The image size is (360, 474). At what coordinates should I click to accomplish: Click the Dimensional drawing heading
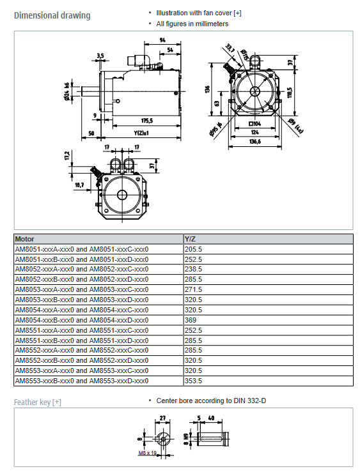52,15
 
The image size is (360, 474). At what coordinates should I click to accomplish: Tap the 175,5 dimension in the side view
147,121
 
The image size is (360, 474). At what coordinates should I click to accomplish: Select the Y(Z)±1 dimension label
141,133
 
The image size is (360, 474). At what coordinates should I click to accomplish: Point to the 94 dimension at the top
162,40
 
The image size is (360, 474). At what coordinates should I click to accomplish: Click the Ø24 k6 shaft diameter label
67,91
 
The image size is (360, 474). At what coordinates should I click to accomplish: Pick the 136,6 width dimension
255,141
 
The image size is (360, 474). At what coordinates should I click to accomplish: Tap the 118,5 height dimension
290,93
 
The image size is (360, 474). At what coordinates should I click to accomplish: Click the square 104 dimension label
254,124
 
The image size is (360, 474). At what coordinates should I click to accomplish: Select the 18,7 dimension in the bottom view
79,185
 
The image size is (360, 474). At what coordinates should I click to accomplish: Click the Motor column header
24,239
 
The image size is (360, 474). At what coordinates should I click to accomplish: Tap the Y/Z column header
191,239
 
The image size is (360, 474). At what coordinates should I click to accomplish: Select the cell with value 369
191,320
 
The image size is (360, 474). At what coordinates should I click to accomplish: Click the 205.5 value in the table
193,249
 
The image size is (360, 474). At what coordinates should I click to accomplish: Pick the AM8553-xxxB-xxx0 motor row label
45,381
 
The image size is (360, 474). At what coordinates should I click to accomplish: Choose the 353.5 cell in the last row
193,381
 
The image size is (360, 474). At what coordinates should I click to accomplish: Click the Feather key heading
38,402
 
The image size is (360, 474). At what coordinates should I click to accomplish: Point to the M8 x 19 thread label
147,453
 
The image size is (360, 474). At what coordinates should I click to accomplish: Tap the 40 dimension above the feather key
211,418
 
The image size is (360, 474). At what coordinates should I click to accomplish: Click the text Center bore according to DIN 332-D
211,401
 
